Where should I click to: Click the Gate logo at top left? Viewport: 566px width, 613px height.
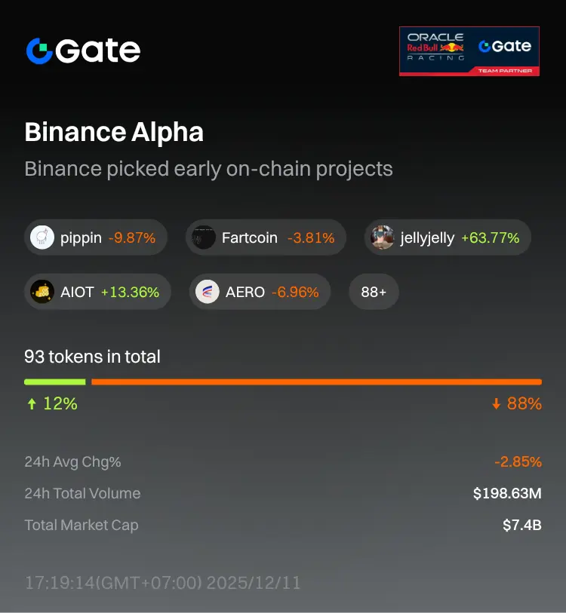83,51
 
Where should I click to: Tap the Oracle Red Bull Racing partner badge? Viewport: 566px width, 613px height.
469,51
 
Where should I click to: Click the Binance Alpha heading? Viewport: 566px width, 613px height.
114,133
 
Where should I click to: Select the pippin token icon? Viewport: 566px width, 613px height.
42,238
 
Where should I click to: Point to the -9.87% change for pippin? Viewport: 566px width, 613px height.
132,238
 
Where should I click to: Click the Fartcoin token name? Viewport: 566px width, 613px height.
249,238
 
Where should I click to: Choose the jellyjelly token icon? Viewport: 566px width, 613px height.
383,238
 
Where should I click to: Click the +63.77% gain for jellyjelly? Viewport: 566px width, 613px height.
491,238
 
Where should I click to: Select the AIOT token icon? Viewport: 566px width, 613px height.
42,292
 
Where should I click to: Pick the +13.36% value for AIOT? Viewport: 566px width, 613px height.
130,292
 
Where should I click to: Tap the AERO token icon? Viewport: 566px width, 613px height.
208,292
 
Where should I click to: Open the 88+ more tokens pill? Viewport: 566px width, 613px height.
374,292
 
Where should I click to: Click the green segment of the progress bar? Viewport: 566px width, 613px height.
54,382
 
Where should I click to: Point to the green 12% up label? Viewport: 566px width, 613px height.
52,404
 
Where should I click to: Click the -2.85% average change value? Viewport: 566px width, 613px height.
518,462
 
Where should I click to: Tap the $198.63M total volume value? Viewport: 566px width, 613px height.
507,494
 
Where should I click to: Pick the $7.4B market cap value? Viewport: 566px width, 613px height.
522,526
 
